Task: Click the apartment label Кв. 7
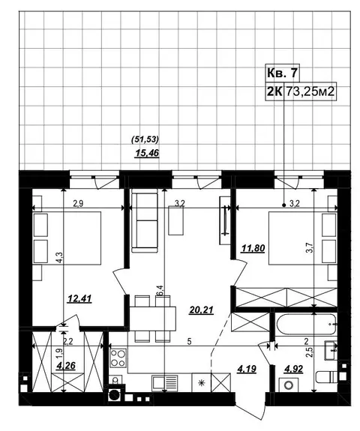pos(282,73)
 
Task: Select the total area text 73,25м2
pos(310,91)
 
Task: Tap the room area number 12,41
pos(79,298)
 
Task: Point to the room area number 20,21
pos(201,310)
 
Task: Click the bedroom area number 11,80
pos(253,248)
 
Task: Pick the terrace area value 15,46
pos(147,153)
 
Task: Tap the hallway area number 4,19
pos(247,369)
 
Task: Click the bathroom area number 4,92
pos(293,369)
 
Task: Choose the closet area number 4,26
pos(65,366)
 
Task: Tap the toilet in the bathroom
pos(326,376)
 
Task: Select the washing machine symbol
pos(289,385)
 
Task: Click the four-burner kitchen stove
pos(118,358)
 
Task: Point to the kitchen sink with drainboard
pos(165,382)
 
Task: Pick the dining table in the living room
pos(153,319)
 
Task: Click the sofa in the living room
pos(145,223)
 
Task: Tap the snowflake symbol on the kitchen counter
pos(202,382)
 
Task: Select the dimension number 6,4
pos(160,291)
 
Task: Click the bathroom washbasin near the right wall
pos(331,350)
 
